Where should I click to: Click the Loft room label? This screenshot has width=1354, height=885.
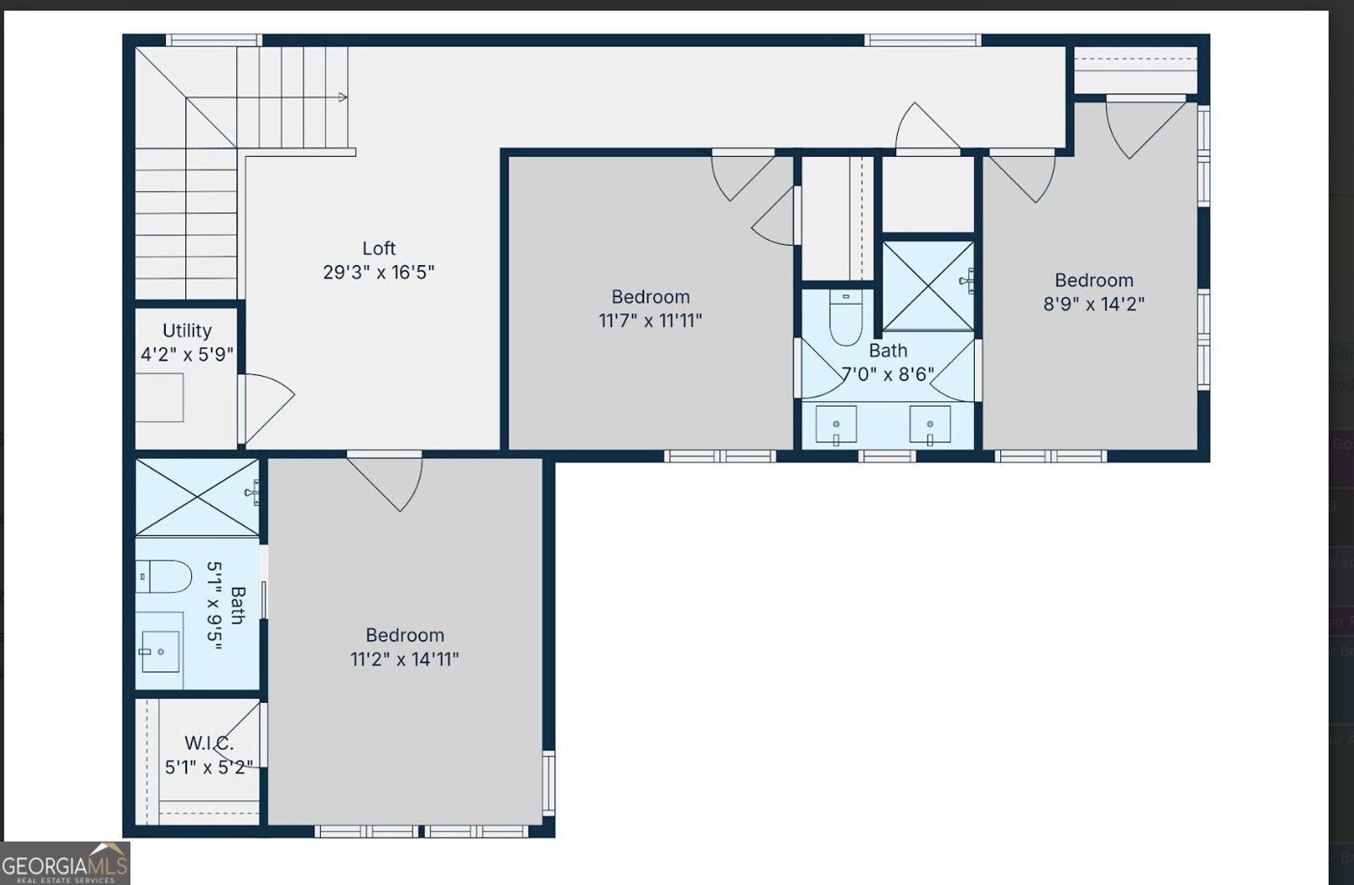(378, 248)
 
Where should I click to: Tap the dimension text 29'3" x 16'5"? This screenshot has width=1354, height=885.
(378, 272)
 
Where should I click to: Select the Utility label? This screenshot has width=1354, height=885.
(187, 331)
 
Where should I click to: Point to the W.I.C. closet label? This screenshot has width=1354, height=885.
(208, 743)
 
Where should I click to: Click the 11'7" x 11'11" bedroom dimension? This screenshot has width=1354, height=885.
(651, 321)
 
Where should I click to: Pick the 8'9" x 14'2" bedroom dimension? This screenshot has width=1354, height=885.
(1093, 304)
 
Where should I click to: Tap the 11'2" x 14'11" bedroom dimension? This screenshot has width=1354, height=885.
(405, 659)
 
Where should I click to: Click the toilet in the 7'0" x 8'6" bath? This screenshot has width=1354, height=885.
(845, 317)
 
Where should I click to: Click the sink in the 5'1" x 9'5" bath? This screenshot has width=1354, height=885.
(160, 651)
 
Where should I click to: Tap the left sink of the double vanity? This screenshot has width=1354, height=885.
(836, 425)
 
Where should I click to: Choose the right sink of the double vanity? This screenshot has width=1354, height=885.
(930, 425)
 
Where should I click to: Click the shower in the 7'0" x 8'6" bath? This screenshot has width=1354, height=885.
(927, 286)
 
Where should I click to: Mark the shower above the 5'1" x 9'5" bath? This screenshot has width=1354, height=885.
(198, 497)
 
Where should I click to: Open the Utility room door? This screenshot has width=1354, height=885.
(266, 409)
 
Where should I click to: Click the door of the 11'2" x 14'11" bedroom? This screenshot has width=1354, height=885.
(384, 481)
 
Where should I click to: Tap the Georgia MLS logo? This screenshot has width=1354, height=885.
(64, 863)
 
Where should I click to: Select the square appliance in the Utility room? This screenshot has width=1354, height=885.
(159, 397)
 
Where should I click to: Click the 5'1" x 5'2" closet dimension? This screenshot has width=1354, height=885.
(208, 767)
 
